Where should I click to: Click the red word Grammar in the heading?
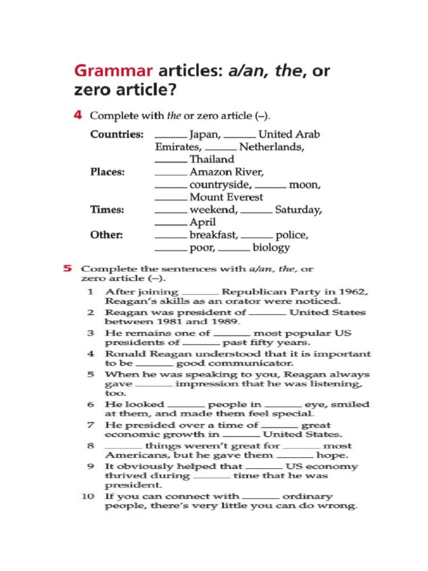[114, 71]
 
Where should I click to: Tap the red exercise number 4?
[79, 115]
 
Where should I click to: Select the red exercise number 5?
[67, 268]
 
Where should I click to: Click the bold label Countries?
[117, 135]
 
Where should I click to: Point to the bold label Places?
[108, 172]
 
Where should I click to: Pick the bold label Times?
[107, 210]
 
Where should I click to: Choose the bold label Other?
[106, 235]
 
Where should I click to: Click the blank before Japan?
[171, 138]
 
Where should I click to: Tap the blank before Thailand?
[171, 162]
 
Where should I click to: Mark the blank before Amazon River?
[171, 175]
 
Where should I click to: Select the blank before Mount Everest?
[171, 200]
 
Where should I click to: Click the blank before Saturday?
[256, 213]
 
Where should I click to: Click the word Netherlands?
[271, 147]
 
